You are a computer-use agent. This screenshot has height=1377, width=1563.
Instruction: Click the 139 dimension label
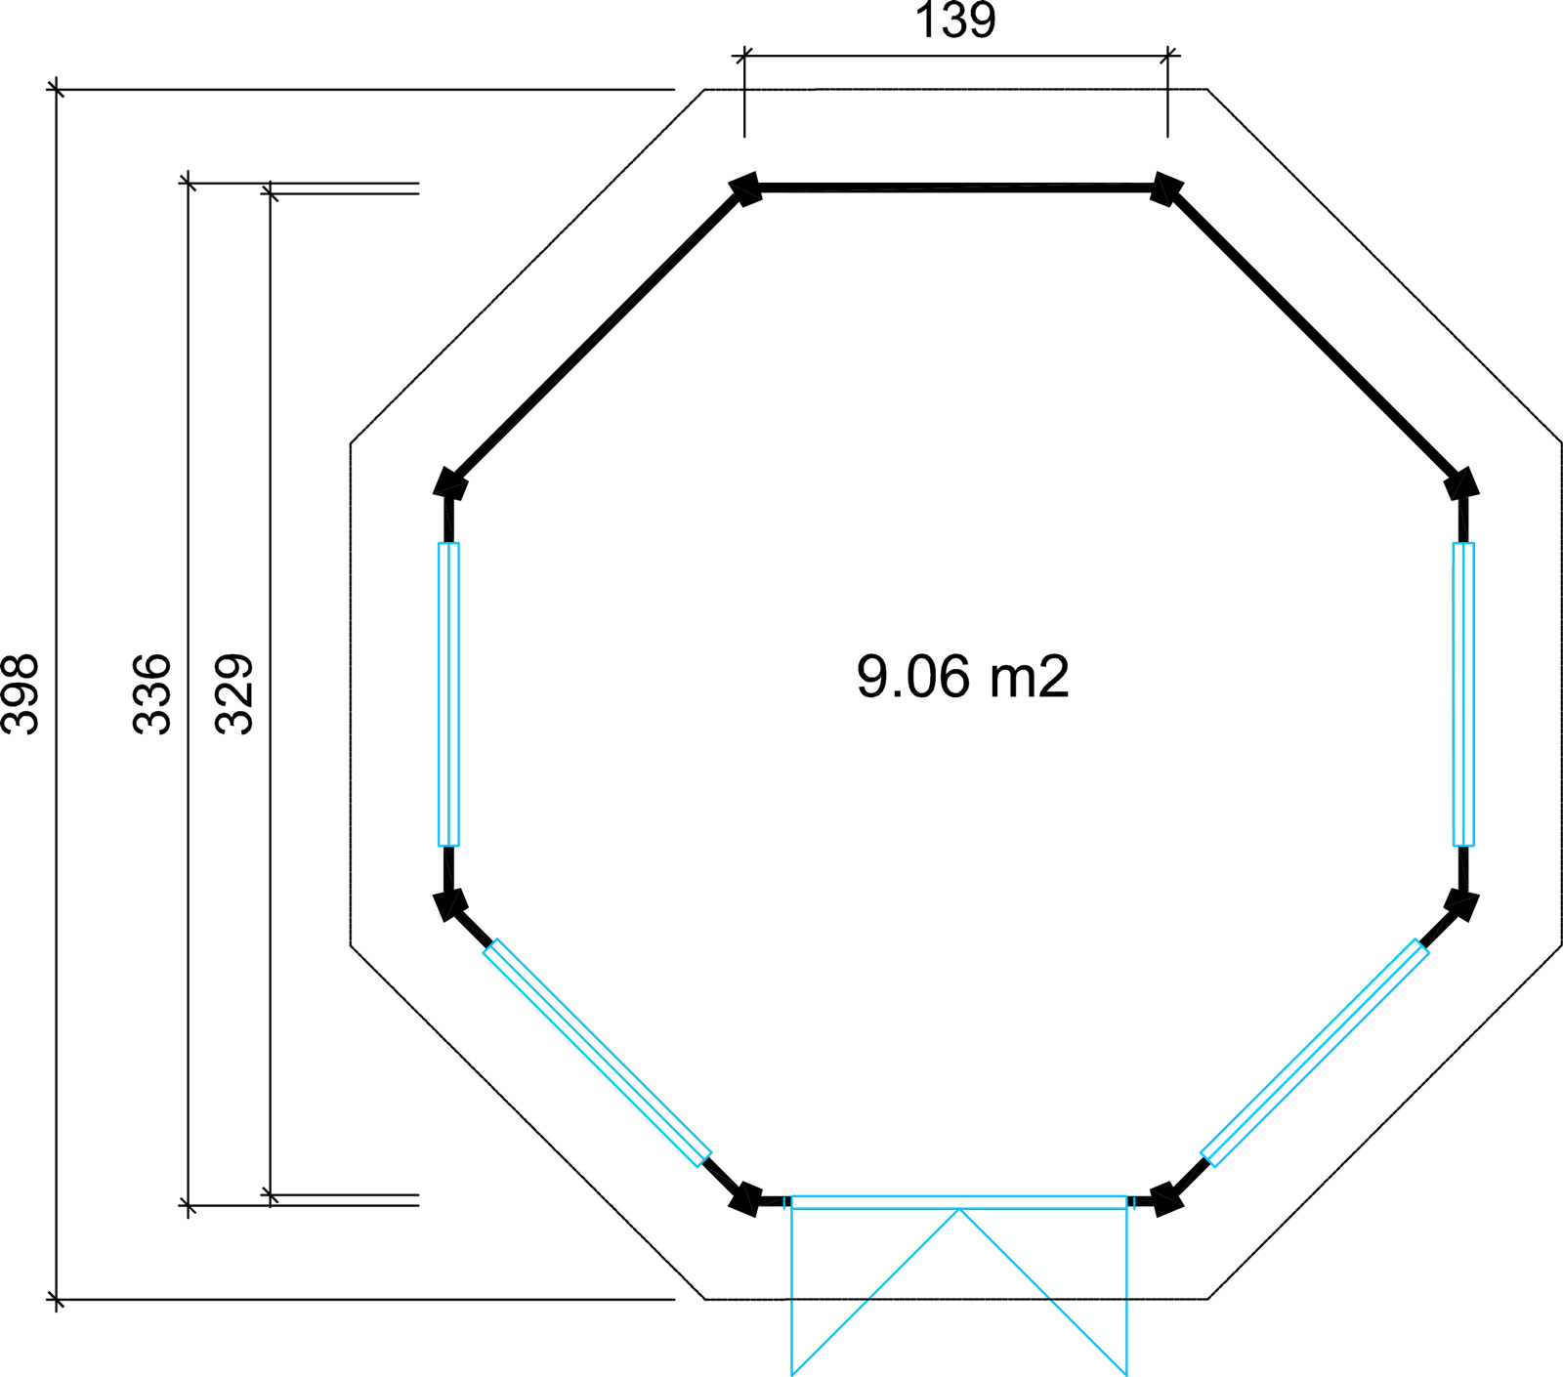[955, 21]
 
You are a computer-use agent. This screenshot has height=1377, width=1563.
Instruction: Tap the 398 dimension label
[21, 693]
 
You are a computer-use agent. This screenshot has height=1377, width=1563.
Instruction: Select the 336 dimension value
[151, 693]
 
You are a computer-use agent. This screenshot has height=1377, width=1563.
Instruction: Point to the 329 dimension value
[234, 693]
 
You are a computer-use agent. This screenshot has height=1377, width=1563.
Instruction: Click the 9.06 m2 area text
[963, 676]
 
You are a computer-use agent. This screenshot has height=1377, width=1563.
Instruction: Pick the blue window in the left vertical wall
[448, 694]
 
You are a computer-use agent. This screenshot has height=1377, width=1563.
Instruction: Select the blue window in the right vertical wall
[1463, 694]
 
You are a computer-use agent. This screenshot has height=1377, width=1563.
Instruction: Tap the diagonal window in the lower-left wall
[598, 1053]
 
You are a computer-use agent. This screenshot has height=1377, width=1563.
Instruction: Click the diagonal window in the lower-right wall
[1315, 1053]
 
